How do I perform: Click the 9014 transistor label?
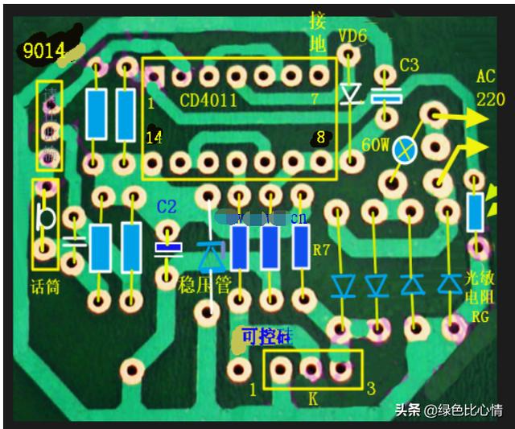[x=43, y=52]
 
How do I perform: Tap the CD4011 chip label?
[x=208, y=101]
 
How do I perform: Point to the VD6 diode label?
[x=352, y=36]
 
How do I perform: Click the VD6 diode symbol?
[x=350, y=95]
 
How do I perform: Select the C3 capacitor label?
[x=409, y=65]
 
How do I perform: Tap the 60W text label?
[x=376, y=146]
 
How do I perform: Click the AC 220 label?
[x=490, y=89]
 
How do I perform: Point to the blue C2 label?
[x=167, y=206]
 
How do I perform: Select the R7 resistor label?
[x=321, y=250]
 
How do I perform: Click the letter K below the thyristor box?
[x=313, y=398]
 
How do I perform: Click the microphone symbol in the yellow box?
[x=45, y=218]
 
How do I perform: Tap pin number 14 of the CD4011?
[x=153, y=138]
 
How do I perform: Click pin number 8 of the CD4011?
[x=320, y=138]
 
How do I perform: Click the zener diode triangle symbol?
[x=211, y=257]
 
